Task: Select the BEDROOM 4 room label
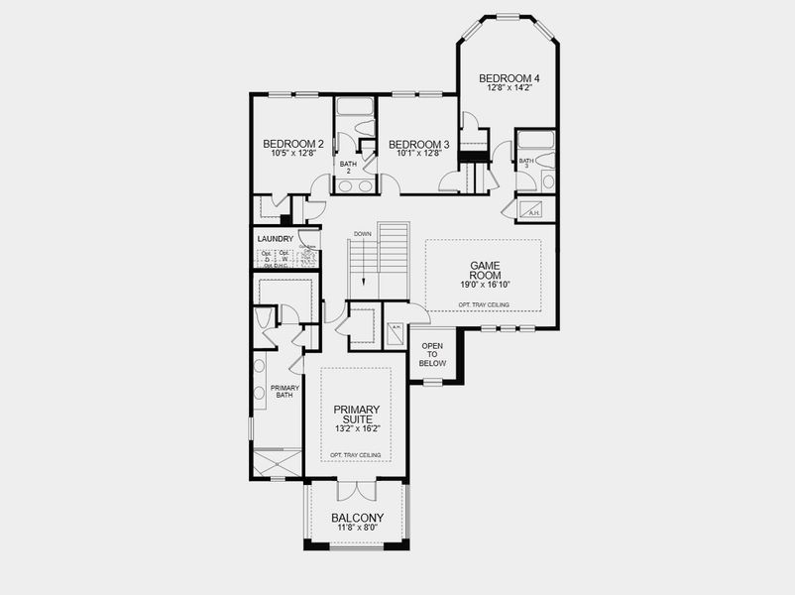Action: pos(510,78)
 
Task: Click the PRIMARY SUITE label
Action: pos(356,414)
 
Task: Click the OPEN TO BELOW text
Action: pos(433,355)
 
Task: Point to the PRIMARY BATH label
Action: pos(284,392)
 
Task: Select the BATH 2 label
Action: pos(348,168)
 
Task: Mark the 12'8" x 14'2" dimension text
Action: pos(510,88)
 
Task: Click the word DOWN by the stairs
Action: pos(362,234)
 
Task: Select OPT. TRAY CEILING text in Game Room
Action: pos(484,303)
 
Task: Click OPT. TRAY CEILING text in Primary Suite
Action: pos(356,454)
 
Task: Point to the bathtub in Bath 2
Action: pos(353,107)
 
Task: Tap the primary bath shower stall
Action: pos(277,463)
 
